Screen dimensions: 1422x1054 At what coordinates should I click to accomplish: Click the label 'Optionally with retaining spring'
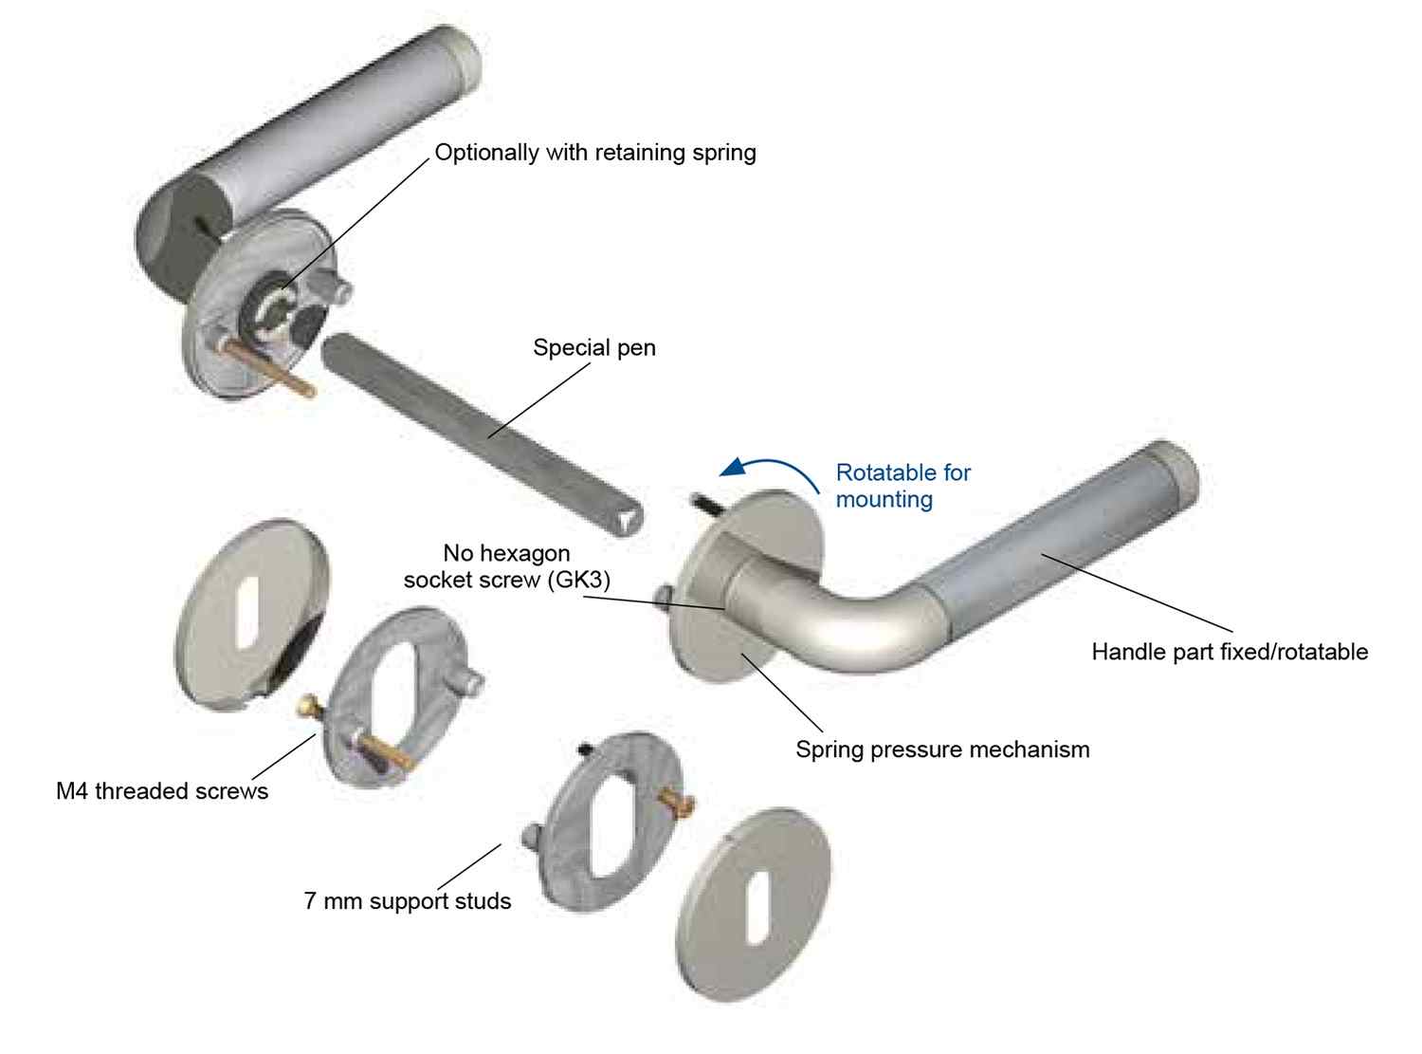pyautogui.click(x=595, y=153)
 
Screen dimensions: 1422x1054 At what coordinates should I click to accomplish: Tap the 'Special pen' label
pyautogui.click(x=594, y=348)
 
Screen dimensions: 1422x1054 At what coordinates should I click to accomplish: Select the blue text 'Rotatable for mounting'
pyautogui.click(x=902, y=486)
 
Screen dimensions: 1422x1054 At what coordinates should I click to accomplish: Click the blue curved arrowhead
pyautogui.click(x=734, y=467)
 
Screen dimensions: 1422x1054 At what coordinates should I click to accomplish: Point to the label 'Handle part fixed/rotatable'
pyautogui.click(x=1230, y=652)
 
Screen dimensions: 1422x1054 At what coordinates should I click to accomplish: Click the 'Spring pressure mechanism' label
pyautogui.click(x=942, y=749)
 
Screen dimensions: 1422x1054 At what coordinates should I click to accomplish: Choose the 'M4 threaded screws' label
pyautogui.click(x=162, y=791)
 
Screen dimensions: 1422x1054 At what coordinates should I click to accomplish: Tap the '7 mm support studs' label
pyautogui.click(x=407, y=900)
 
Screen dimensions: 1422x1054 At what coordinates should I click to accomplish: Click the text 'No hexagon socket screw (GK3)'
pyautogui.click(x=506, y=566)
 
